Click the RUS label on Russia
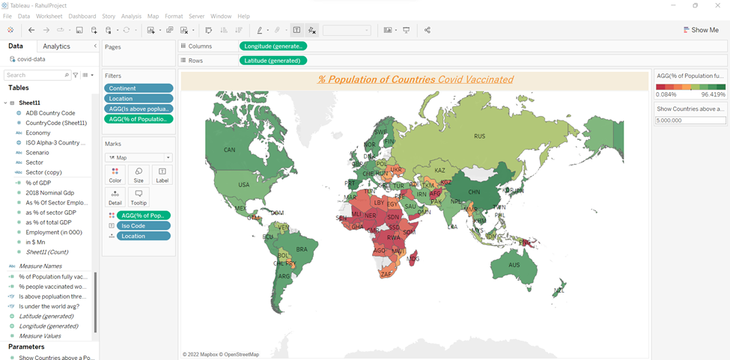pyautogui.click(x=479, y=136)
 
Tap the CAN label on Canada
pyautogui.click(x=230, y=150)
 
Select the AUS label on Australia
pyautogui.click(x=514, y=265)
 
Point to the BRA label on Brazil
pyautogui.click(x=302, y=249)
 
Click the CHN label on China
pyautogui.click(x=474, y=192)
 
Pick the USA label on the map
pyautogui.click(x=243, y=185)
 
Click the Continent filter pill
pyautogui.click(x=139, y=88)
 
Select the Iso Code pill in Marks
pyautogui.click(x=143, y=225)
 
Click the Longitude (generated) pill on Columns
pyautogui.click(x=273, y=46)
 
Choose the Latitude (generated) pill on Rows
pyautogui.click(x=273, y=61)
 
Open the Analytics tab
pyautogui.click(x=56, y=46)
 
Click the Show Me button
pyautogui.click(x=700, y=30)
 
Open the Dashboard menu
pyautogui.click(x=82, y=16)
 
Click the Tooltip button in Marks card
pyautogui.click(x=139, y=196)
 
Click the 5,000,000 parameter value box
pyautogui.click(x=690, y=120)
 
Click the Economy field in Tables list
pyautogui.click(x=38, y=132)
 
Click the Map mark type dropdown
pyautogui.click(x=139, y=158)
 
